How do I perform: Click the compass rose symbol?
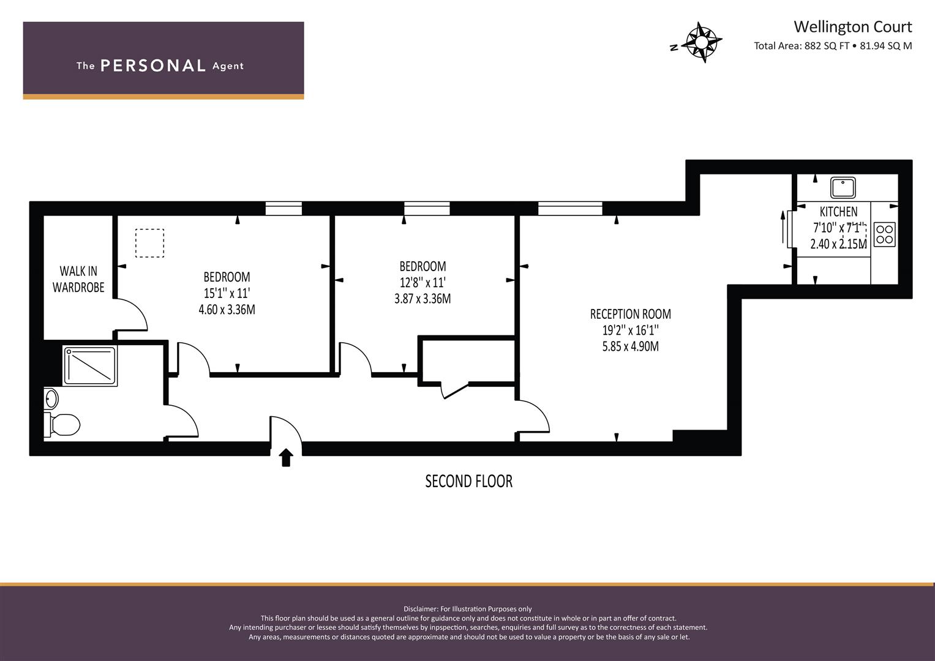click(700, 42)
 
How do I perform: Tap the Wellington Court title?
click(852, 27)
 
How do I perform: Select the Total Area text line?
click(833, 46)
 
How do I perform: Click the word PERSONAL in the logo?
click(152, 66)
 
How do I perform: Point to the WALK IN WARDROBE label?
click(78, 279)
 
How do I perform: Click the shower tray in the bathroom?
click(90, 366)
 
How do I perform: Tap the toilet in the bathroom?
click(62, 424)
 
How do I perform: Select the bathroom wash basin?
click(51, 399)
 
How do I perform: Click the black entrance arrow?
click(286, 457)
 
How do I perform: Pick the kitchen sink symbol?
click(843, 188)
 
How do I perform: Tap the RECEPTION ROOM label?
click(630, 314)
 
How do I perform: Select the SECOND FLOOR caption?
click(468, 481)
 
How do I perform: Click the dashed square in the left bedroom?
click(149, 243)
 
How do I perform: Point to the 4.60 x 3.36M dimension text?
click(227, 310)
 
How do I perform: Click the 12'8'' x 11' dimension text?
click(422, 283)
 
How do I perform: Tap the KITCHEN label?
click(838, 212)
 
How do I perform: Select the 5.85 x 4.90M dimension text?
click(630, 346)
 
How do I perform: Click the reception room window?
click(570, 209)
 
